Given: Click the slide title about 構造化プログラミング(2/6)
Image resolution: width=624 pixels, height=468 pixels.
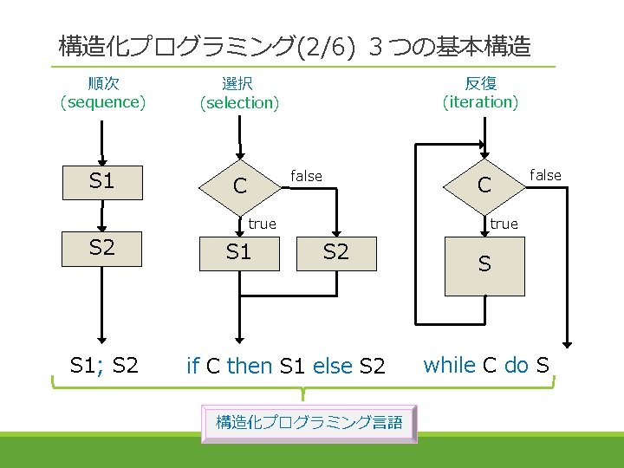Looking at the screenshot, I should pos(295,46).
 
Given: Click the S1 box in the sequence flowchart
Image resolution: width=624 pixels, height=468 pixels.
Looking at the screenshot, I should pos(101,181).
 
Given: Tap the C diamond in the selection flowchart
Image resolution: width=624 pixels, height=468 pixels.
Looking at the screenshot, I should pos(239,185).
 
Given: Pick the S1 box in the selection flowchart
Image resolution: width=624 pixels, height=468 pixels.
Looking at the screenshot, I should pos(238,252).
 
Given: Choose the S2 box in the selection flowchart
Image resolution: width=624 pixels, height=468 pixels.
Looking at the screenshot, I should pos(335,252).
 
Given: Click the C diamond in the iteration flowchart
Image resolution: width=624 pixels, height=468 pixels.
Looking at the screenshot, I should pos(484,185).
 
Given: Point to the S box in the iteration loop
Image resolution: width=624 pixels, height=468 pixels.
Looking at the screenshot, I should pos(484,264).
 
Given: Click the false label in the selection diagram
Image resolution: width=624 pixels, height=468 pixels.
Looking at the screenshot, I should pos(306,176).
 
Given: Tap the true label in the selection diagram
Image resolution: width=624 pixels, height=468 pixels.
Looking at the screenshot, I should pos(262,224).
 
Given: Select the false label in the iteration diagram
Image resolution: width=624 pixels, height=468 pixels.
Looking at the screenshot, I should pos(545,175).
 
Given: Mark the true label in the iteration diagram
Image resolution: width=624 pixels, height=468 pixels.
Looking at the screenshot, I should pos(504,224).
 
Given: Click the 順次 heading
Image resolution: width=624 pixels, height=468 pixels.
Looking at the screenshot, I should pos(103,83).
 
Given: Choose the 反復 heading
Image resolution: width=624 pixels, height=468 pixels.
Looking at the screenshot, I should pos(480,83).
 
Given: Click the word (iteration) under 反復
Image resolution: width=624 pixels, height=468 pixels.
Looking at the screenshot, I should pos(480,102).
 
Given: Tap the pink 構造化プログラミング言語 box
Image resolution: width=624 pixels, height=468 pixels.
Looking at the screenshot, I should pos(309,423).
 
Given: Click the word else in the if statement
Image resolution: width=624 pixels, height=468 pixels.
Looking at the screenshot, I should pos(333,367).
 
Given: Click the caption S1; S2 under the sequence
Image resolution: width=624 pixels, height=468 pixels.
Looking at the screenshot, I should pos(103,365).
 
